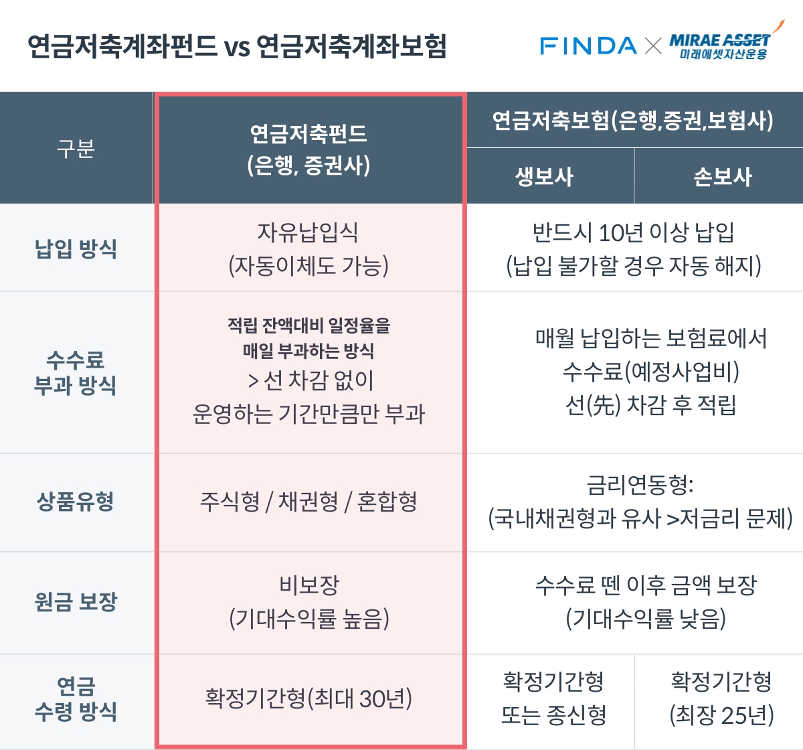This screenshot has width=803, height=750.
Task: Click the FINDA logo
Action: coord(588,46)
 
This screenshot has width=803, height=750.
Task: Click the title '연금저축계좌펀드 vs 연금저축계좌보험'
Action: coord(237,46)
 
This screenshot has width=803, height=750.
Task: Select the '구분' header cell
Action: coord(76,148)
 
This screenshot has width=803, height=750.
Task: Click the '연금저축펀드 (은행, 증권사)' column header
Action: coord(308,149)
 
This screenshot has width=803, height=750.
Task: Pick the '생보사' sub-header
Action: coord(544,177)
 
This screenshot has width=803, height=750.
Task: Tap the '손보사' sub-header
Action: coord(722,177)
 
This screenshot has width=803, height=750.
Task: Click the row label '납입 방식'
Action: coord(76,248)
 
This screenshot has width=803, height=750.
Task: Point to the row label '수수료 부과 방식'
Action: coord(76,372)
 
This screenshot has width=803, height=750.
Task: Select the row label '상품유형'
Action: coord(76,501)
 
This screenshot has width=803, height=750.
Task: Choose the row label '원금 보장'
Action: coord(76,601)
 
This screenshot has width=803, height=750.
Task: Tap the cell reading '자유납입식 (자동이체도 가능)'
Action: coord(308,249)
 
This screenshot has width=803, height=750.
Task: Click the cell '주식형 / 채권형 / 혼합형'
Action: coord(308,501)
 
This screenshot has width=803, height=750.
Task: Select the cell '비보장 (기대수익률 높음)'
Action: coord(308,601)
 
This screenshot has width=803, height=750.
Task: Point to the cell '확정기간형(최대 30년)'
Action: coord(308,698)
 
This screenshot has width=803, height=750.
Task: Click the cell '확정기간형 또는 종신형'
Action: coord(553,698)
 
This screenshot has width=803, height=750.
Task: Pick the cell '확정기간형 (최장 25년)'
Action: coord(721,698)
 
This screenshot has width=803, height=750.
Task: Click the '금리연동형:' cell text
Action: coord(640,485)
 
